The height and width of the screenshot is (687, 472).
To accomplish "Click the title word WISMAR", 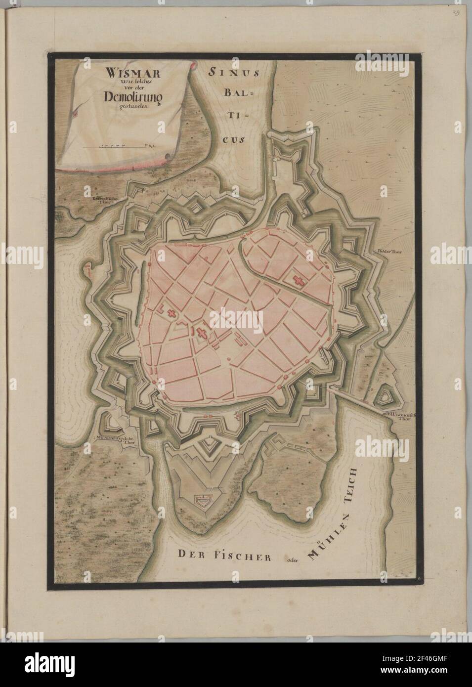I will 121,73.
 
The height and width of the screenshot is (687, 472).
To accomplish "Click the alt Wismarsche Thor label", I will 399,417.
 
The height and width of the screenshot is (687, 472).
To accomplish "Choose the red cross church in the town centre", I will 202,333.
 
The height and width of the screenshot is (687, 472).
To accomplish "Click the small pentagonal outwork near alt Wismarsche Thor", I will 383,396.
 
